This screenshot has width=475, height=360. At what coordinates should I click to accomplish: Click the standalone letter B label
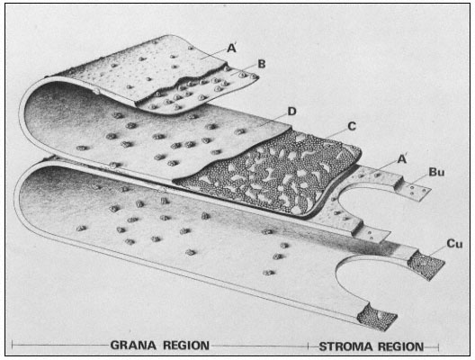[x=262, y=64]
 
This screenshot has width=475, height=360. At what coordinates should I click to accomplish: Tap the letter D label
[x=291, y=112]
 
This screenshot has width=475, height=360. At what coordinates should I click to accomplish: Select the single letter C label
[x=352, y=126]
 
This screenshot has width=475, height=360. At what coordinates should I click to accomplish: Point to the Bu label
[x=436, y=172]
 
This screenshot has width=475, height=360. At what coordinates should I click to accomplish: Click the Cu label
[x=454, y=244]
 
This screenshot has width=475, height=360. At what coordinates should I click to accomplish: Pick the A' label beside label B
[x=231, y=48]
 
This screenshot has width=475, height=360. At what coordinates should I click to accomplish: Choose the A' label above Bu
[x=402, y=158]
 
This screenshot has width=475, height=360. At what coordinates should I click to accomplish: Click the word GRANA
[x=133, y=346]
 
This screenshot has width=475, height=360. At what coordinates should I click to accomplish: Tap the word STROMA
[x=345, y=346]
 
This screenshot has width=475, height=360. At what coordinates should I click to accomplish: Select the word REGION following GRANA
[x=186, y=346]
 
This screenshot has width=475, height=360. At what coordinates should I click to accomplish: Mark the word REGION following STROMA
[x=399, y=346]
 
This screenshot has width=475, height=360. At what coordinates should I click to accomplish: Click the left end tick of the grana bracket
[x=13, y=345]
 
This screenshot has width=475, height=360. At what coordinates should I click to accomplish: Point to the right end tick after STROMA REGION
[x=438, y=346]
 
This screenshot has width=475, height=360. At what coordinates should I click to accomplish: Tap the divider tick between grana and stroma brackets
[x=308, y=346]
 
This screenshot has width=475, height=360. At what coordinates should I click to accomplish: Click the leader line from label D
[x=272, y=121]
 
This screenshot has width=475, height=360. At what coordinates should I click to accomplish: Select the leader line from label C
[x=336, y=134]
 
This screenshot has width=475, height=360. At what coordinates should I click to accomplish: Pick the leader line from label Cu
[x=436, y=252]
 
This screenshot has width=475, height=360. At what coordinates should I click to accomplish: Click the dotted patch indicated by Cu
[x=426, y=265]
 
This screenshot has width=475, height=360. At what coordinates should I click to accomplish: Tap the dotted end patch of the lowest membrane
[x=377, y=318]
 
